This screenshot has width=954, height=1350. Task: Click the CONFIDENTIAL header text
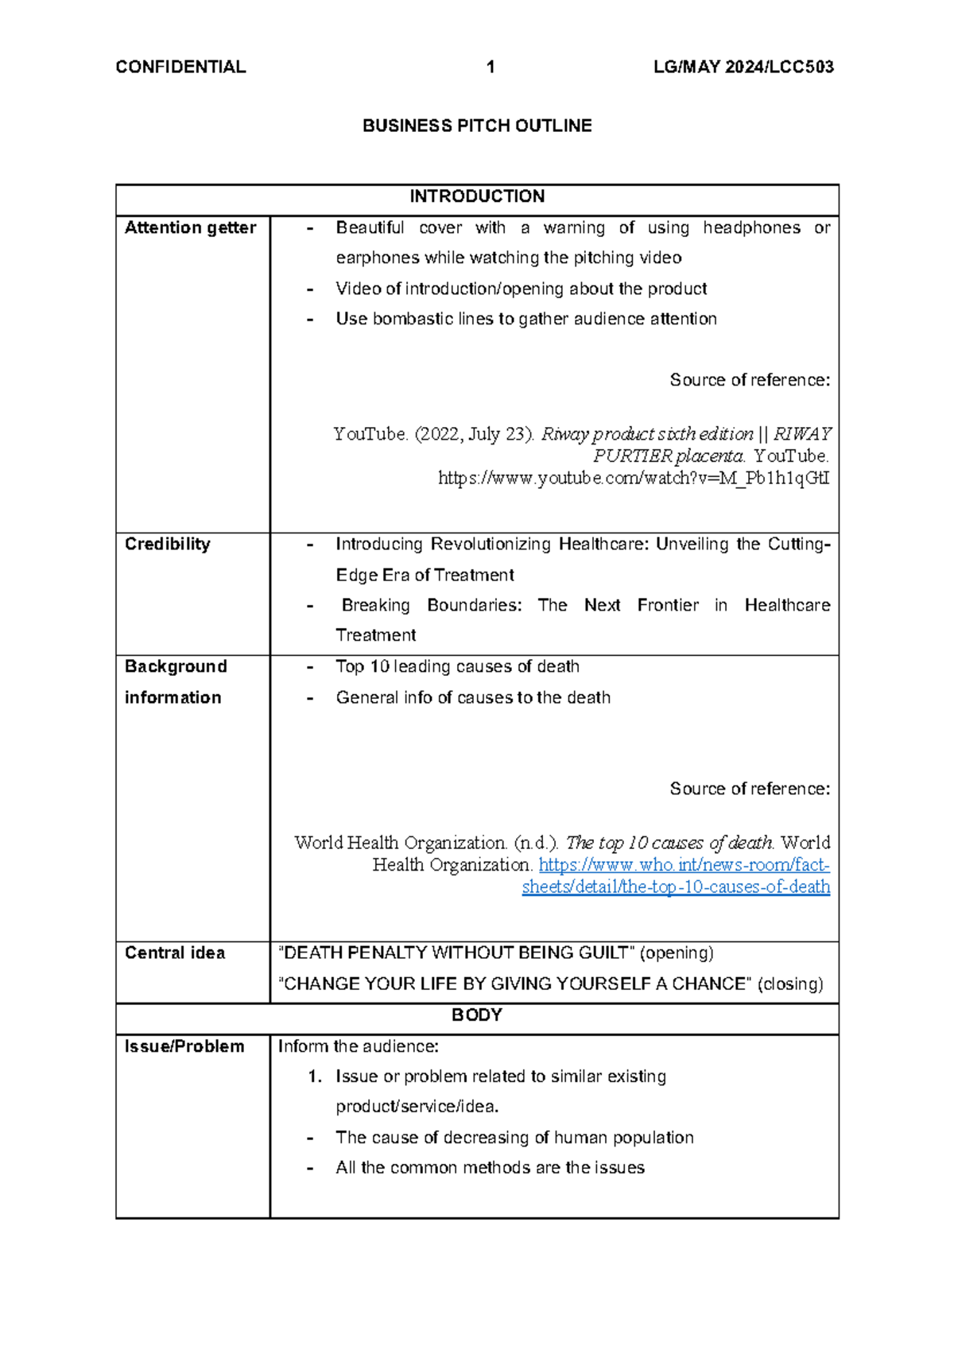click(180, 67)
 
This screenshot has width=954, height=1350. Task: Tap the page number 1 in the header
click(491, 67)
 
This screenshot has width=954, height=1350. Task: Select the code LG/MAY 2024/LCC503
click(743, 67)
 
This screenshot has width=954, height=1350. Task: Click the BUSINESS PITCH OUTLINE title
click(477, 126)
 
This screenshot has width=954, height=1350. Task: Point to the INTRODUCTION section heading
click(477, 196)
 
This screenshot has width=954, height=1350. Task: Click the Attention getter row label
click(190, 228)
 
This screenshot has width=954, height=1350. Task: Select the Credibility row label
click(168, 545)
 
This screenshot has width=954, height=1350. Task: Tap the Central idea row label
click(175, 953)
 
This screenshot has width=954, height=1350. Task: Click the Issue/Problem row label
click(184, 1047)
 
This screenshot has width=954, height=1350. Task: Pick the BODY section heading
click(477, 1015)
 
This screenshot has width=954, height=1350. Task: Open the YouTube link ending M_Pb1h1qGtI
click(634, 479)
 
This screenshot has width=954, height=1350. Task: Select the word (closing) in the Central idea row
click(790, 984)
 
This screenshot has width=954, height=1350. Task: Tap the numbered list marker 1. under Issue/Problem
click(316, 1077)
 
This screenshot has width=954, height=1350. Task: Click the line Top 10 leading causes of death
click(457, 667)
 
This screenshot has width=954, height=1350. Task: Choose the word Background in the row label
click(176, 667)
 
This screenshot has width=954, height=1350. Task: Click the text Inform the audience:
click(359, 1047)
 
